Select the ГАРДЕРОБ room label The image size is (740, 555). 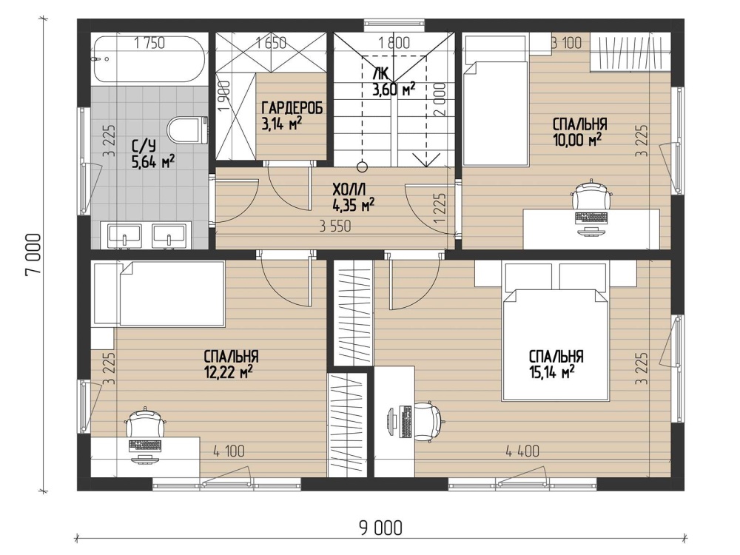click(x=292, y=108)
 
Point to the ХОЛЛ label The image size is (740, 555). click(x=349, y=190)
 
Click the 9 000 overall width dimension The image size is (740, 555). click(x=381, y=528)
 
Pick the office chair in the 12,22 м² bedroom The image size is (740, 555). click(x=145, y=423)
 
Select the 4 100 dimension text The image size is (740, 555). click(x=229, y=451)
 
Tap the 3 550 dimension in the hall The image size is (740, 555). click(x=335, y=226)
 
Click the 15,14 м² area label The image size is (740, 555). click(x=551, y=372)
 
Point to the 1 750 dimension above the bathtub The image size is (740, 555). click(x=149, y=43)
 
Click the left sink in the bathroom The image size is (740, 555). click(x=124, y=235)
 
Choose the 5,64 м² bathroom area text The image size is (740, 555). click(x=154, y=163)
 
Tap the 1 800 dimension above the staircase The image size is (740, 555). click(x=394, y=43)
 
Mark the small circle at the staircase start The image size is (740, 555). click(x=362, y=166)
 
